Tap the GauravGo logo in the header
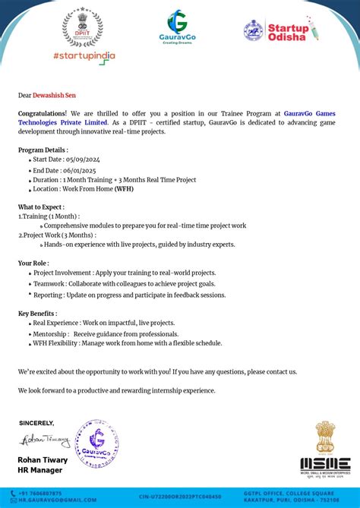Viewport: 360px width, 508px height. click(x=177, y=27)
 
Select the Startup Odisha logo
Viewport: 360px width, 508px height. click(x=280, y=30)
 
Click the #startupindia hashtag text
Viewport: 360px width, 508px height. click(x=84, y=56)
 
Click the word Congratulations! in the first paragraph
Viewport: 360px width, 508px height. click(x=43, y=113)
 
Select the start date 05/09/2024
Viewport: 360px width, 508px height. click(x=83, y=159)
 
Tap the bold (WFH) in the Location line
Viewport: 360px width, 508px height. click(x=125, y=189)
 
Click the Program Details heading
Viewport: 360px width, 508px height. click(x=43, y=150)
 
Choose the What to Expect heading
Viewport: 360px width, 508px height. click(x=41, y=207)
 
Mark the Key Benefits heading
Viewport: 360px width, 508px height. click(x=37, y=313)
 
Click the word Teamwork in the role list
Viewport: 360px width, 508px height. click(x=49, y=283)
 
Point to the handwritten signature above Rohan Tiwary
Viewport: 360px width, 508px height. click(x=44, y=440)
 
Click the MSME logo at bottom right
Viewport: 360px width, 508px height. click(x=325, y=449)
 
